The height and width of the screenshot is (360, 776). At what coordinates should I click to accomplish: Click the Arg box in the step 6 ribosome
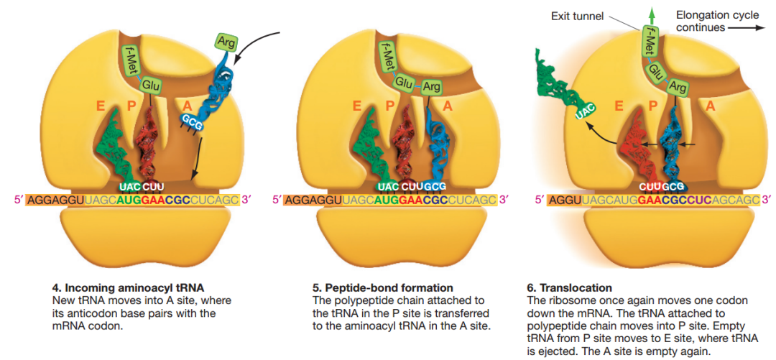pos(677,88)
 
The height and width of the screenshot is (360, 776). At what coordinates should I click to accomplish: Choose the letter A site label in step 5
pos(448,106)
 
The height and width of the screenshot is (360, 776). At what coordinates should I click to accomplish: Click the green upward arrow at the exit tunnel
pos(652,15)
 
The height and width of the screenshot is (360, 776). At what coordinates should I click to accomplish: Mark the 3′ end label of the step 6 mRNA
pos(767,199)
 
